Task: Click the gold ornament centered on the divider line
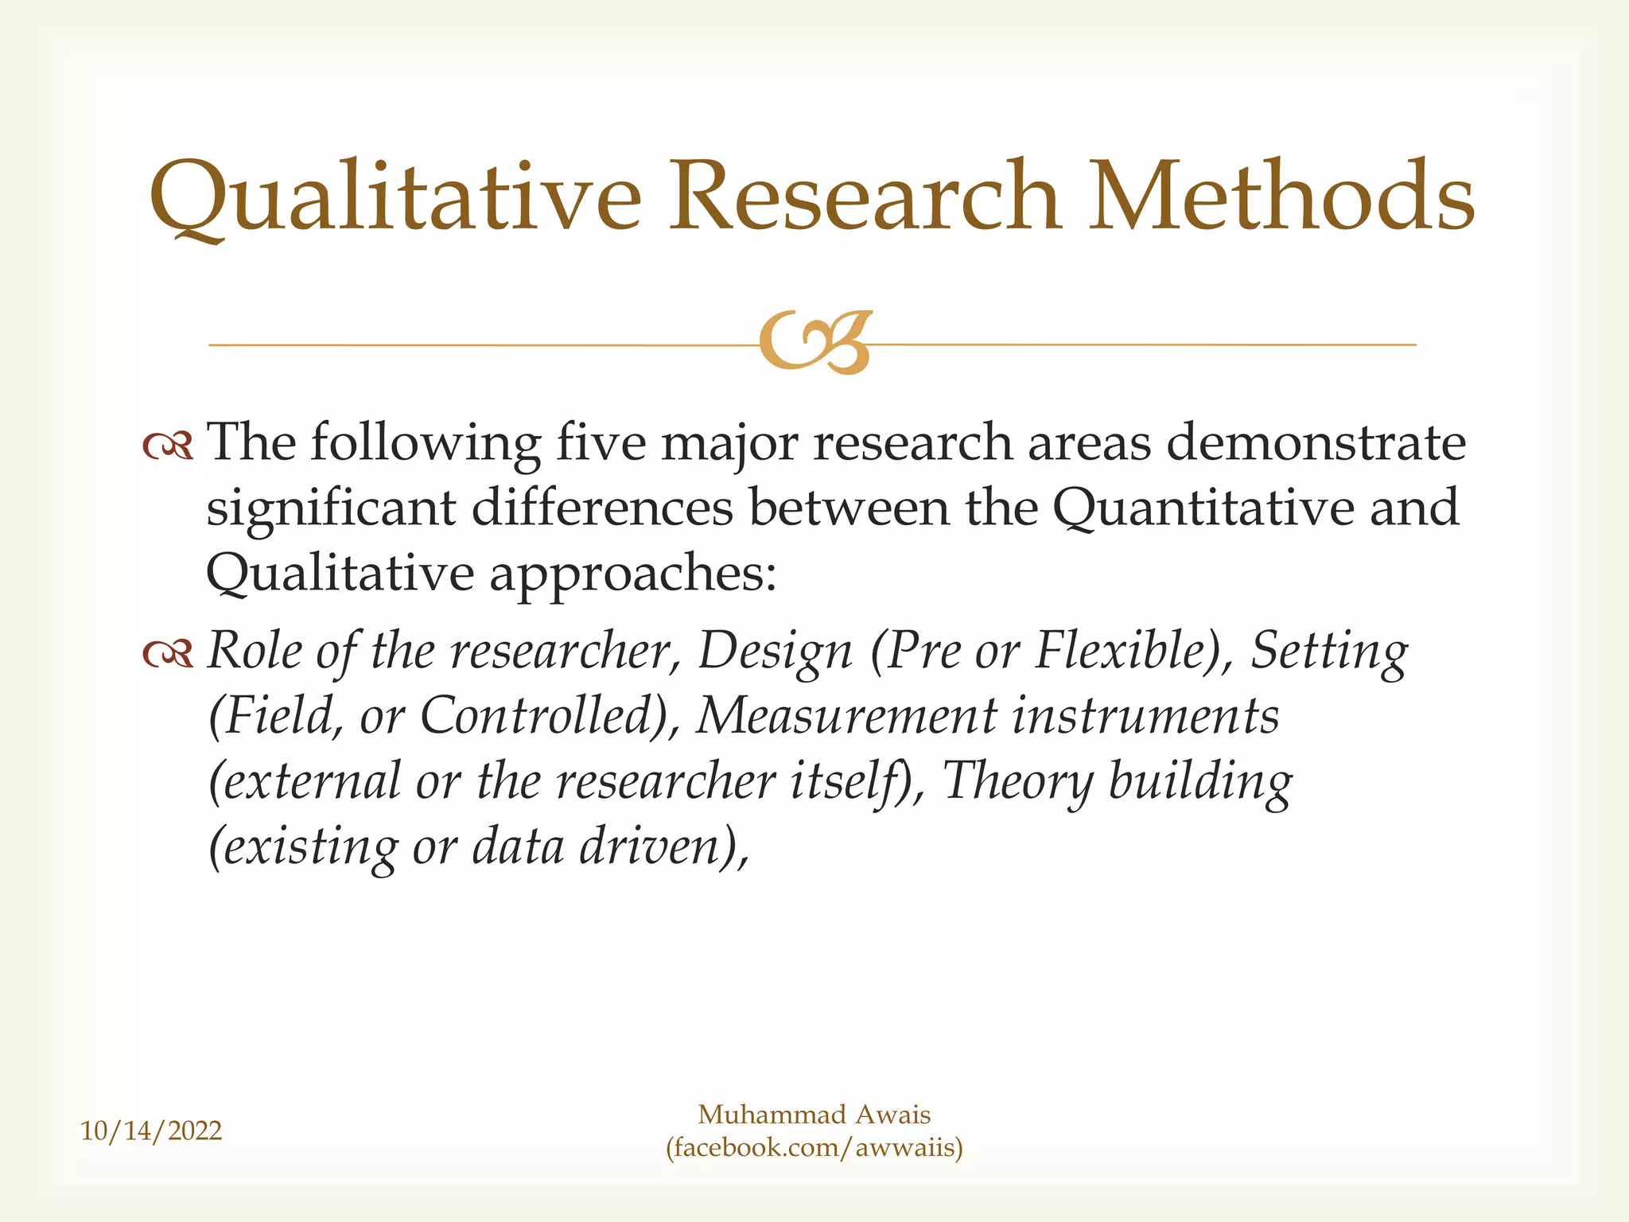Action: [x=815, y=343]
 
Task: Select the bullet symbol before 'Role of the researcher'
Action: [x=168, y=654]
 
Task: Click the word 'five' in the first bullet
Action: [x=601, y=442]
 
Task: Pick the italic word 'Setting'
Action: [x=1329, y=652]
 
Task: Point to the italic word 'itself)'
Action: [x=857, y=781]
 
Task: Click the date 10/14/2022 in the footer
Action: [x=151, y=1131]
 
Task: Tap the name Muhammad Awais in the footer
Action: [x=814, y=1115]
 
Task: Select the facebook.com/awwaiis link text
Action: [x=814, y=1148]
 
